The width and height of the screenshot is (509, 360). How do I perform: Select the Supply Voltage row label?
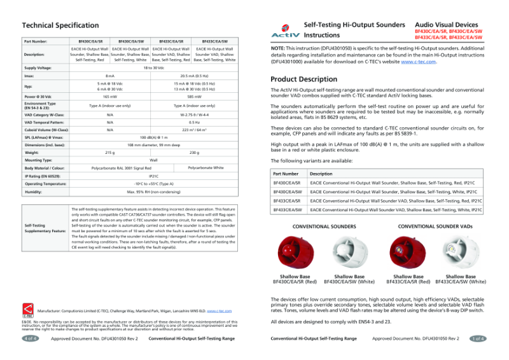point(38,67)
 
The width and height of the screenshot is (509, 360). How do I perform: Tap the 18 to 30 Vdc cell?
point(153,67)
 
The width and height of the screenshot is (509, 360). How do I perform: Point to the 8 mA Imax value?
point(109,76)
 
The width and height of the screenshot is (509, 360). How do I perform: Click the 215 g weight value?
point(109,153)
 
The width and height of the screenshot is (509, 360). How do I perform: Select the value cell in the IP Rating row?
point(153,175)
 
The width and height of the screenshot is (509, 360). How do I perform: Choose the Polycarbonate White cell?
point(206,168)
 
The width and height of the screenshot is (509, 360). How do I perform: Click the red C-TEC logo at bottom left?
point(29,309)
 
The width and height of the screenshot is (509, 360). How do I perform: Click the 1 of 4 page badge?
point(478,338)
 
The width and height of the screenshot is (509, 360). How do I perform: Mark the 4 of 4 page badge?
point(30,338)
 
